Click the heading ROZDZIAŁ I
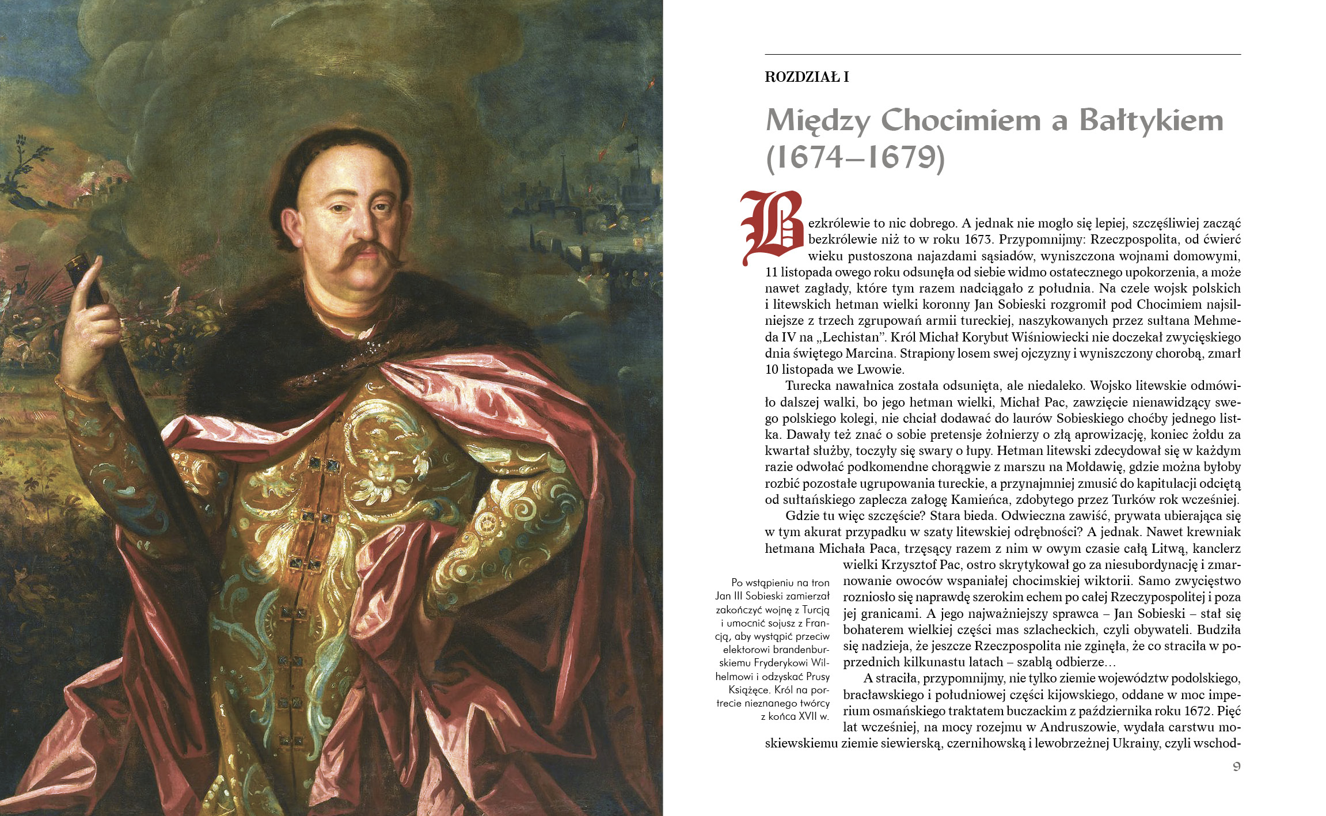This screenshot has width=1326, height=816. (807, 77)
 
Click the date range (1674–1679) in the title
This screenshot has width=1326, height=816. (855, 157)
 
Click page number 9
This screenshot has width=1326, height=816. (1236, 766)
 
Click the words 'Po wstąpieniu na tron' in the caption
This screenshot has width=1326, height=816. (780, 583)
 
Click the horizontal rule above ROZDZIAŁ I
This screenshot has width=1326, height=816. (1002, 55)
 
